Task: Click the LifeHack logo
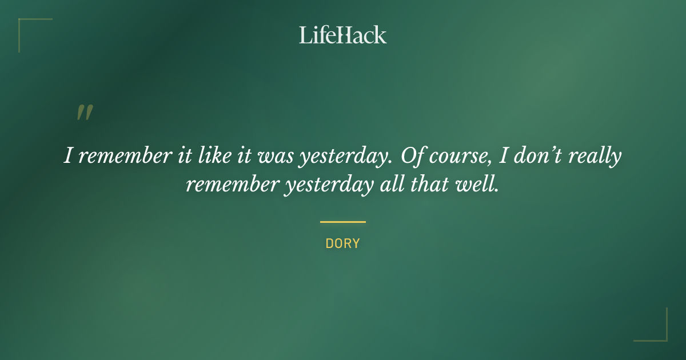pos(342,35)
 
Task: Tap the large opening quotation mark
pos(84,113)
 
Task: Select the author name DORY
pos(342,243)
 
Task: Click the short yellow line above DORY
pos(342,222)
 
